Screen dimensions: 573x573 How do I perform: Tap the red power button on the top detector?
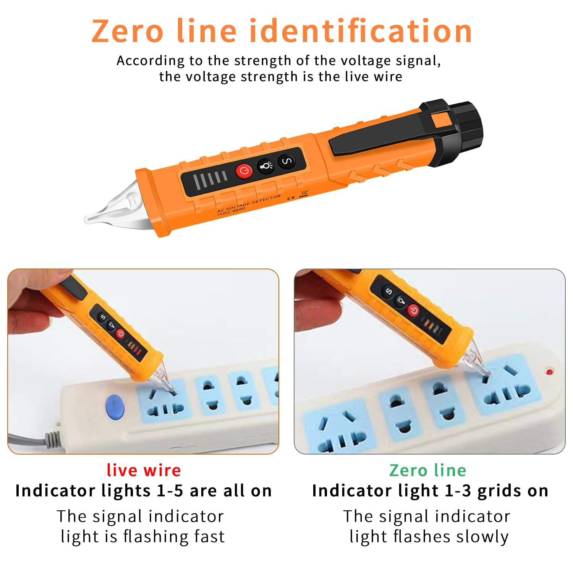pos(244,171)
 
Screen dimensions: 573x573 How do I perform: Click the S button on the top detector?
pos(286,161)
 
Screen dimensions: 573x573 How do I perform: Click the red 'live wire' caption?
pos(144,470)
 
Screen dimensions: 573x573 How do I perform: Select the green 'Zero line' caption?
pos(427,470)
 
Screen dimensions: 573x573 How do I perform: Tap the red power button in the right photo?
pos(413,311)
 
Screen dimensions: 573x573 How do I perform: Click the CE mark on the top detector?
pos(290,198)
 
